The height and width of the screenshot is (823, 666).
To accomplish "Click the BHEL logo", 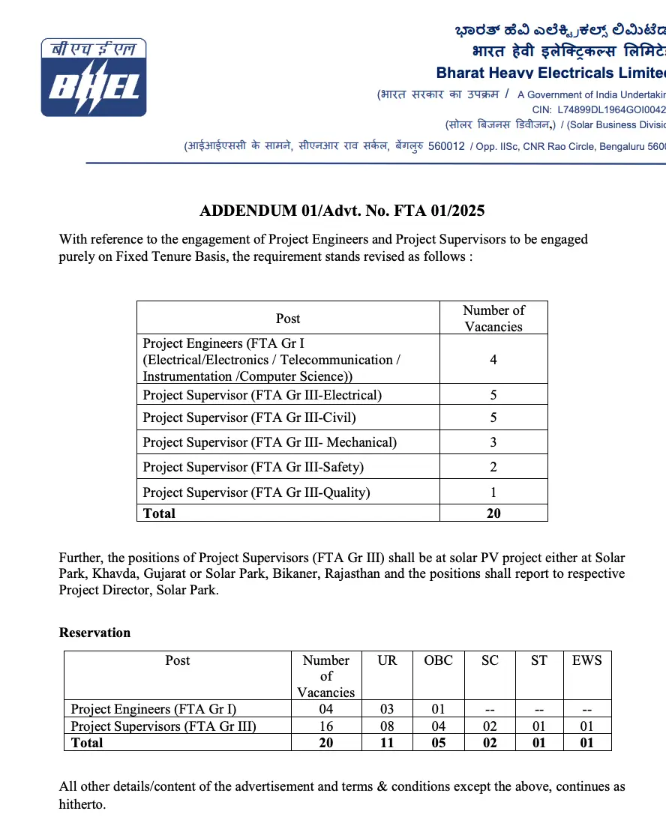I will pos(94,78).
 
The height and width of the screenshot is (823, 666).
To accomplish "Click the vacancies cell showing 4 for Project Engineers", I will pos(493,360).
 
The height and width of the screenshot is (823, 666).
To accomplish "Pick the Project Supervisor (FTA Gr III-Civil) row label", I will pos(249,417).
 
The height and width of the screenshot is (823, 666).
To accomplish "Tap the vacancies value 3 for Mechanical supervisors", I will pos(493,442).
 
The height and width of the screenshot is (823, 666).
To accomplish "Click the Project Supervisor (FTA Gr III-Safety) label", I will pos(253,467).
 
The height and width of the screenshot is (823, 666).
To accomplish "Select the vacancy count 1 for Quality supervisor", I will pos(493,492).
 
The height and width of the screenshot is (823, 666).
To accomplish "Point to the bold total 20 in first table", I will pos(493,513).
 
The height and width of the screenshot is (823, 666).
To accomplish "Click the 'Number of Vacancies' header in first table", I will pos(493,318).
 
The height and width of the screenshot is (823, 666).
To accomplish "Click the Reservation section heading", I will pos(94,633).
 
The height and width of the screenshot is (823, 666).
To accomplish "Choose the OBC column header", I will pos(438,660).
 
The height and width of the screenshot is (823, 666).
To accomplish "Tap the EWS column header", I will pos(586,660).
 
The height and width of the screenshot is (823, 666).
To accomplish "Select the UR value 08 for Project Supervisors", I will pos(387,726).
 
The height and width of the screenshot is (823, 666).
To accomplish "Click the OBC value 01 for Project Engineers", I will pos(438,708).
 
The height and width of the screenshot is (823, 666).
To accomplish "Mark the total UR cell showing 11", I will pos(387,743).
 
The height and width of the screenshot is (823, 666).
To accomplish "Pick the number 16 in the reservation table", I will pos(325,726).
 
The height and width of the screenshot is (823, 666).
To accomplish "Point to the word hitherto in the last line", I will pos(82,804).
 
